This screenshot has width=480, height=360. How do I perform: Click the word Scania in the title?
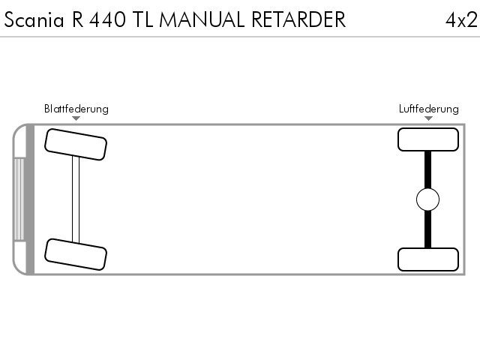pyautogui.click(x=34, y=19)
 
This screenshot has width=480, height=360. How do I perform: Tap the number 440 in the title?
pyautogui.click(x=107, y=19)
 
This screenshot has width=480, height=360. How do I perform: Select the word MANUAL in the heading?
pyautogui.click(x=202, y=19)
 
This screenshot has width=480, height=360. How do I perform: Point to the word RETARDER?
pyautogui.click(x=298, y=19)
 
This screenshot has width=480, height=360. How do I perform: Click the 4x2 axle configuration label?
pyautogui.click(x=461, y=20)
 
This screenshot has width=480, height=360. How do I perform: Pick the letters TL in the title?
pyautogui.click(x=142, y=19)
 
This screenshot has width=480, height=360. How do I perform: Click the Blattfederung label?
pyautogui.click(x=76, y=109)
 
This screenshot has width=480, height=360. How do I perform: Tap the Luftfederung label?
pyautogui.click(x=428, y=109)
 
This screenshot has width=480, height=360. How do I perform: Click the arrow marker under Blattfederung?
pyautogui.click(x=76, y=118)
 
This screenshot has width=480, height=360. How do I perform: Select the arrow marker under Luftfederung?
pyautogui.click(x=428, y=118)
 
